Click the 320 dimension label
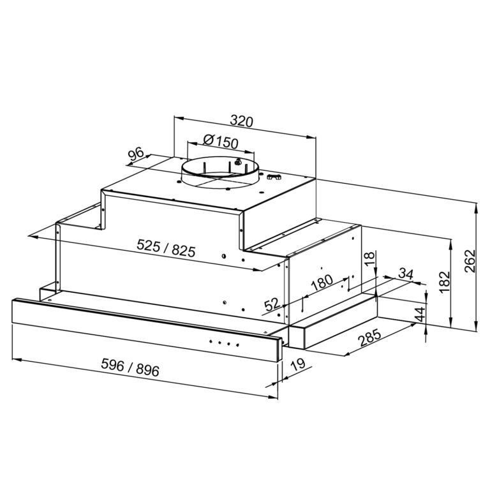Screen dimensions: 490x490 click(x=241, y=121)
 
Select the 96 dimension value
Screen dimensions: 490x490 click(x=136, y=154)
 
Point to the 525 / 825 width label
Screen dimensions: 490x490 click(x=166, y=248)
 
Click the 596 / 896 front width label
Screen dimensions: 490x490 click(x=130, y=367)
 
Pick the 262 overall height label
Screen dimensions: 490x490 click(x=470, y=261)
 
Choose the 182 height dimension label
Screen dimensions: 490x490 click(x=444, y=282)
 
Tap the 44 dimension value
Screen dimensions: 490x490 click(x=421, y=315)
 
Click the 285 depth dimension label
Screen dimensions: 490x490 click(x=369, y=338)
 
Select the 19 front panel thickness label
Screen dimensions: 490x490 click(x=297, y=364)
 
